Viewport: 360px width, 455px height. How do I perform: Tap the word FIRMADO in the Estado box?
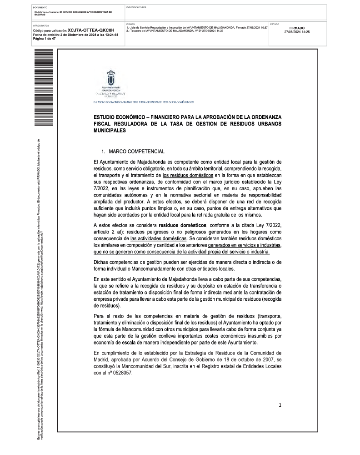[297, 28]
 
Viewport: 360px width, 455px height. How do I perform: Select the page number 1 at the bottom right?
[280, 405]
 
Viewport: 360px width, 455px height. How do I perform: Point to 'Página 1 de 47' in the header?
[45, 39]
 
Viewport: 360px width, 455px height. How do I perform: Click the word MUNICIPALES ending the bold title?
[109, 130]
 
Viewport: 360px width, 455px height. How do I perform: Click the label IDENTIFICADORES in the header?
[136, 8]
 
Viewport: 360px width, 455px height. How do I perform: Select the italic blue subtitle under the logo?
[143, 102]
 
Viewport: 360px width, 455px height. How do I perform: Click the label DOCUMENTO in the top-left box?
[40, 8]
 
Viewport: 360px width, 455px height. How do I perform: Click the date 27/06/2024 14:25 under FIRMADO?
[297, 32]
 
